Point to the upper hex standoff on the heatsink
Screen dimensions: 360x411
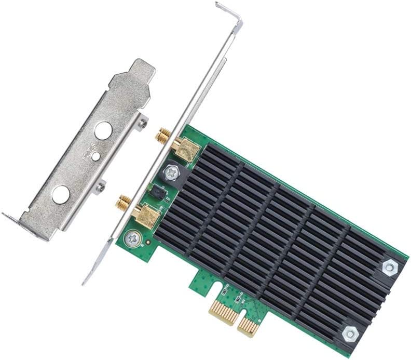[x=389, y=267]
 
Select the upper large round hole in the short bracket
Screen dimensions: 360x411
[x=106, y=130]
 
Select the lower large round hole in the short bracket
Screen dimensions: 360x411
[x=61, y=194]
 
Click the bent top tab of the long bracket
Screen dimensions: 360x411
[x=230, y=12]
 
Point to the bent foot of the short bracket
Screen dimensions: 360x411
[x=21, y=223]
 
